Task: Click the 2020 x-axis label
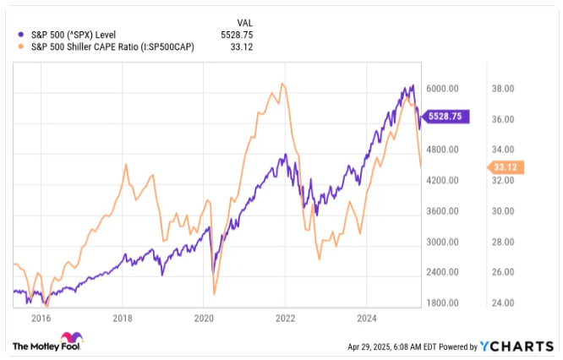coord(204,319)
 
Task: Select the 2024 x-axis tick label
coord(366,319)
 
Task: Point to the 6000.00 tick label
coord(441,89)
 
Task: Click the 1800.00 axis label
coord(441,303)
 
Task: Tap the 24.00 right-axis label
coord(504,303)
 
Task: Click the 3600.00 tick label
coord(441,211)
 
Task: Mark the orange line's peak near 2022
coord(282,84)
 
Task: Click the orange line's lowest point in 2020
coord(214,294)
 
